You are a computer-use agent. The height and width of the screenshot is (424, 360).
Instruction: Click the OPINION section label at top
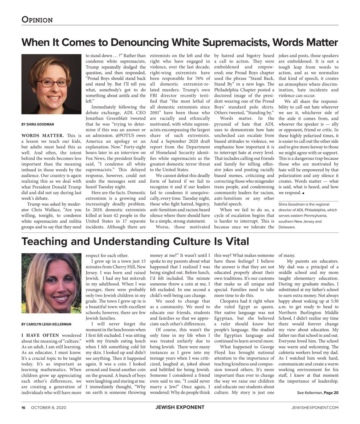pyautogui.click(x=37, y=20)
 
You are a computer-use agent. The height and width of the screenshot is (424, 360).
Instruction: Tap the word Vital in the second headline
pyautogui.click(x=236, y=242)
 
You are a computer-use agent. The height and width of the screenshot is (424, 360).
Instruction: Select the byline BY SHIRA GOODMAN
pyautogui.click(x=37, y=124)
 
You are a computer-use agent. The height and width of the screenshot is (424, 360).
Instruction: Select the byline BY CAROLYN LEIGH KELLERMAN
pyautogui.click(x=46, y=324)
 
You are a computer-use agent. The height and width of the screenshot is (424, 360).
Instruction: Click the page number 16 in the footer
pyautogui.click(x=23, y=407)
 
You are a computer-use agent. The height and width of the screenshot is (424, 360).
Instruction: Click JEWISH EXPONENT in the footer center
pyautogui.click(x=180, y=407)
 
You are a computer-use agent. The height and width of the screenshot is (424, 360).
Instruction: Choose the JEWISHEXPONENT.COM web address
pyautogui.click(x=313, y=407)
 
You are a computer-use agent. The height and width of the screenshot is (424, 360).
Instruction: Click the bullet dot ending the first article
pyautogui.click(x=303, y=193)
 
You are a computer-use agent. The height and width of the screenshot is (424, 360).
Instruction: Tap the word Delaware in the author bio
pyautogui.click(x=287, y=227)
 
